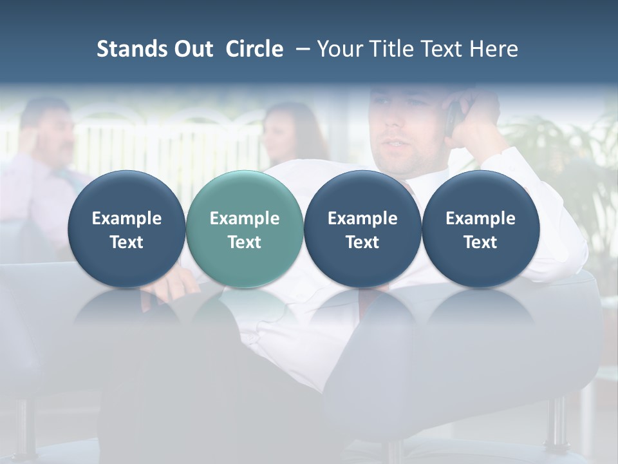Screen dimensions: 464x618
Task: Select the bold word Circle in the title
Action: click(x=254, y=49)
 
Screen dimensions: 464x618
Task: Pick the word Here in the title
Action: click(x=494, y=49)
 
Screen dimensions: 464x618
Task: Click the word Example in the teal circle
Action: click(x=245, y=218)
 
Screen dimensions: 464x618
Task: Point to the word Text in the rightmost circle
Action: click(x=480, y=242)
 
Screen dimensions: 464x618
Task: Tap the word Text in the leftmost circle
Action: click(x=127, y=242)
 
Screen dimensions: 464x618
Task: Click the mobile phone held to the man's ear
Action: click(x=453, y=116)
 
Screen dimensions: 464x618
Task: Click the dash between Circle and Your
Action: click(x=300, y=49)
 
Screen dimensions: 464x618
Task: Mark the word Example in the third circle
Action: click(x=362, y=218)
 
